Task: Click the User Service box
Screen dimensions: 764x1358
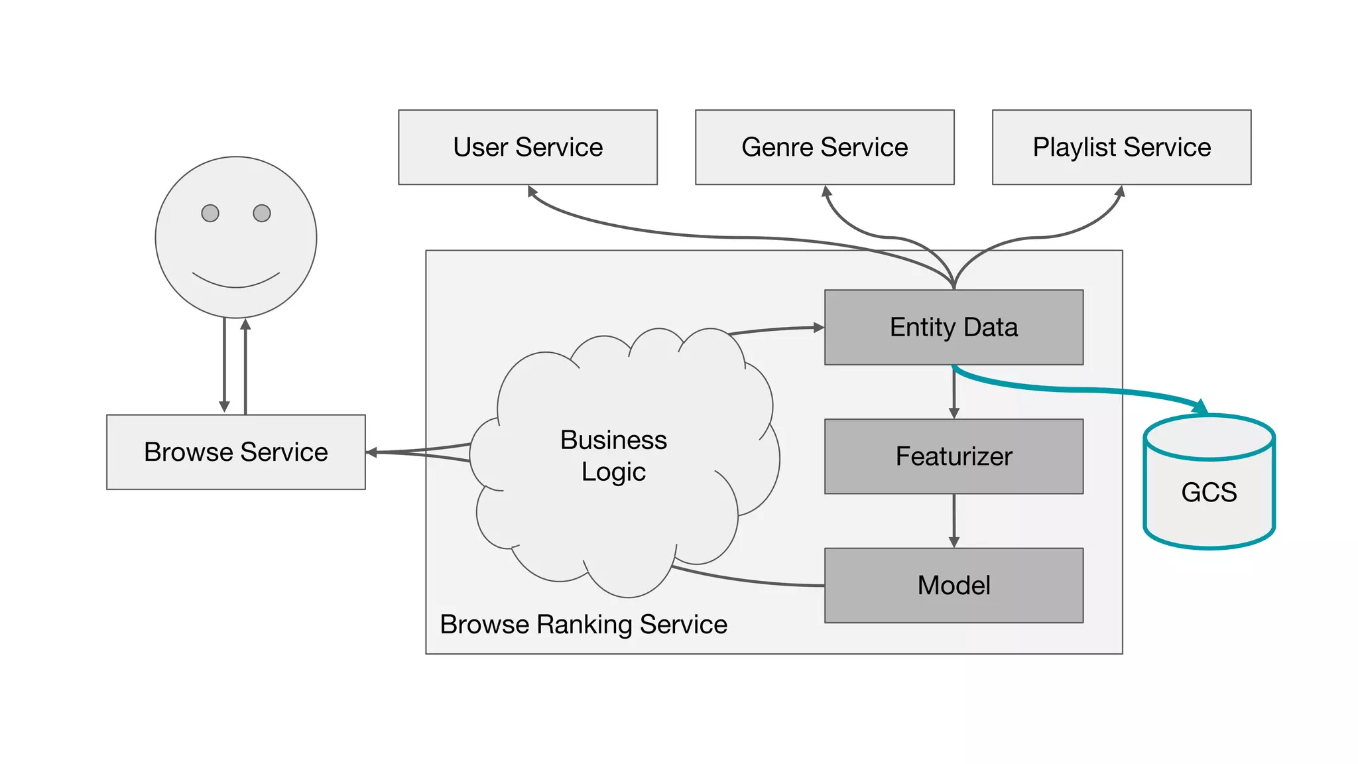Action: pos(528,147)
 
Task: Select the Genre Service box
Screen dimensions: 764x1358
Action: pos(824,147)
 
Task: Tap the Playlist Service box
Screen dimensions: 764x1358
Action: pos(1121,147)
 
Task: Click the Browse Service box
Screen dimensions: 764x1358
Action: pos(235,452)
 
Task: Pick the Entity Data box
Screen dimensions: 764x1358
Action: pos(954,328)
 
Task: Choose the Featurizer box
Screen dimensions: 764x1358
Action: pos(954,456)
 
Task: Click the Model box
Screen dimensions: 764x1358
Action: pos(954,586)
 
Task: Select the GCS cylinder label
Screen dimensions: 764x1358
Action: pos(1209,493)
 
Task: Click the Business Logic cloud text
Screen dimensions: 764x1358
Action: pos(613,456)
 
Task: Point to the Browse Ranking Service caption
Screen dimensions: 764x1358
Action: pos(584,625)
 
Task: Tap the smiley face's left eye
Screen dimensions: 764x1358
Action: pos(210,213)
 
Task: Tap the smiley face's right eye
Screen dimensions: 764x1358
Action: pos(262,213)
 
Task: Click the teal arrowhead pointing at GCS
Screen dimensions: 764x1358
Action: pos(1201,406)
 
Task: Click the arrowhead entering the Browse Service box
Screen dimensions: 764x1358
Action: pos(372,452)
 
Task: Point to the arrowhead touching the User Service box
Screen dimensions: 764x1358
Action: pos(532,191)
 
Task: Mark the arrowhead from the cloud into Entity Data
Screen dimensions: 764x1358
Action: pos(818,327)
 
